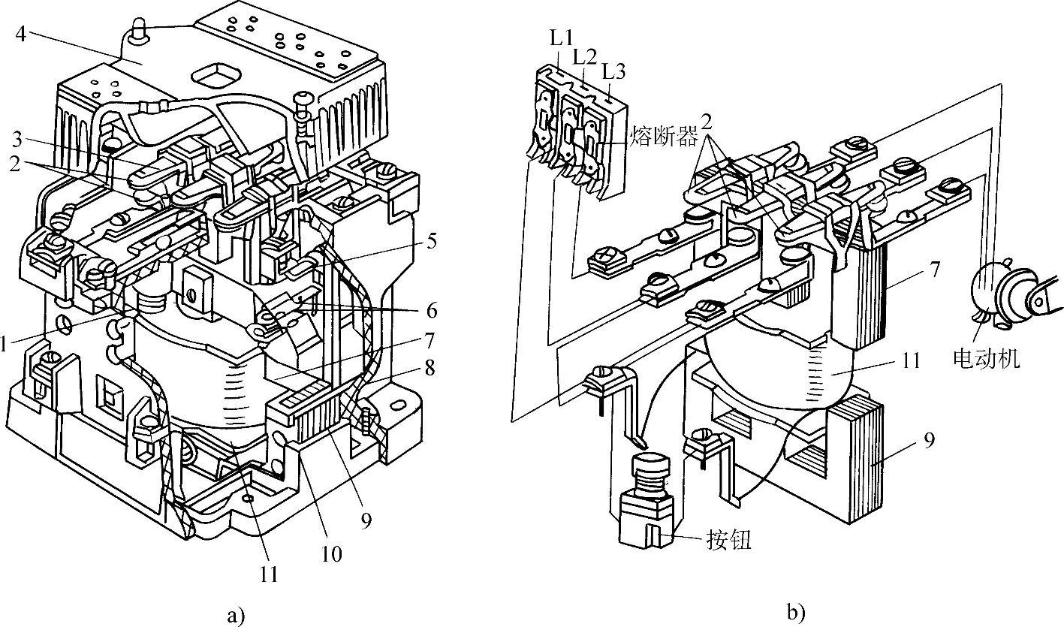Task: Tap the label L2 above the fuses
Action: point(586,56)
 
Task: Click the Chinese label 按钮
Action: point(728,541)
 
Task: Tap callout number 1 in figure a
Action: point(5,344)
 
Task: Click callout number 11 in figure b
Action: point(911,360)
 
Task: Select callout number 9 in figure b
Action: point(928,440)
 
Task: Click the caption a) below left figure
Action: point(236,616)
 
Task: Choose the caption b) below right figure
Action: point(796,613)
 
